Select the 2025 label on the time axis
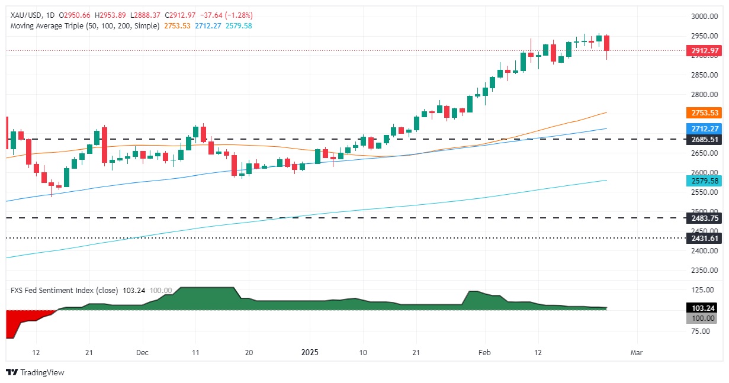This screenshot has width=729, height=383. [x=310, y=352]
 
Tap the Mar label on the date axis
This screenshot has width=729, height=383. [x=637, y=352]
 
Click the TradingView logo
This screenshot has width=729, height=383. [x=35, y=372]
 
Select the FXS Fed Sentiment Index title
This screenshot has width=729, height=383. [x=52, y=291]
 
